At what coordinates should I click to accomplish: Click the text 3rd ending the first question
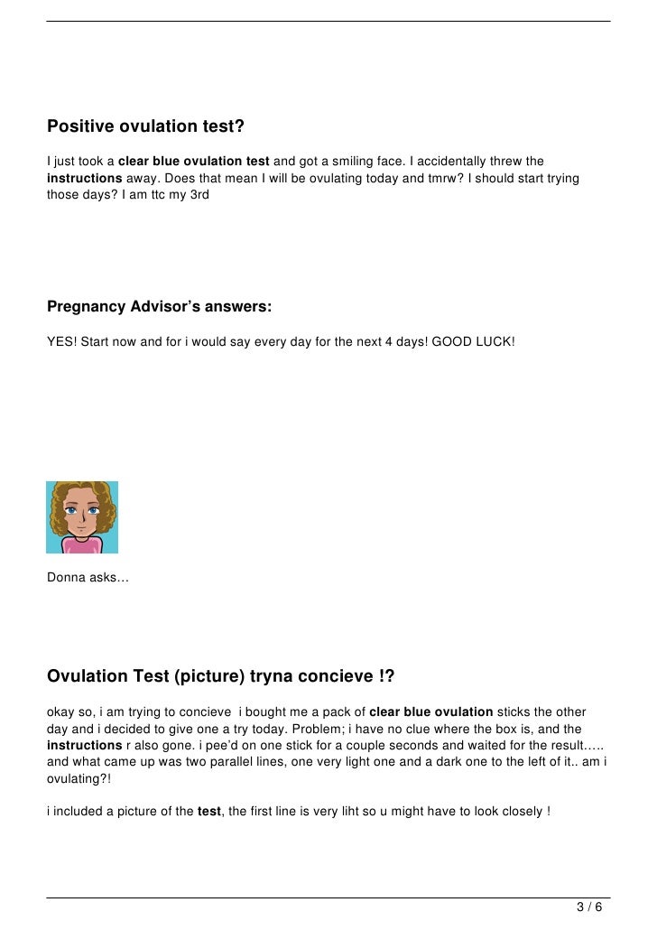pyautogui.click(x=199, y=193)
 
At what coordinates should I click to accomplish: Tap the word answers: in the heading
pyautogui.click(x=233, y=308)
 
